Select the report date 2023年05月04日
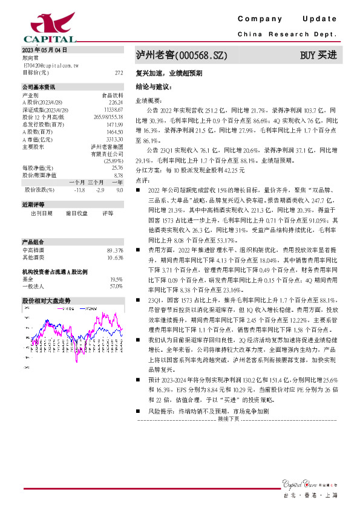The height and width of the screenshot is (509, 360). [x=44, y=50]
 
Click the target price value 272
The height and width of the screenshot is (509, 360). [x=119, y=72]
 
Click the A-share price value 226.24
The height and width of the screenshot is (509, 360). [x=115, y=102]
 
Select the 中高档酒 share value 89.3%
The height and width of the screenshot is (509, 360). [x=115, y=250]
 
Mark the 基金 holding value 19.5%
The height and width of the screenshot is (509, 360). [x=116, y=279]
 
